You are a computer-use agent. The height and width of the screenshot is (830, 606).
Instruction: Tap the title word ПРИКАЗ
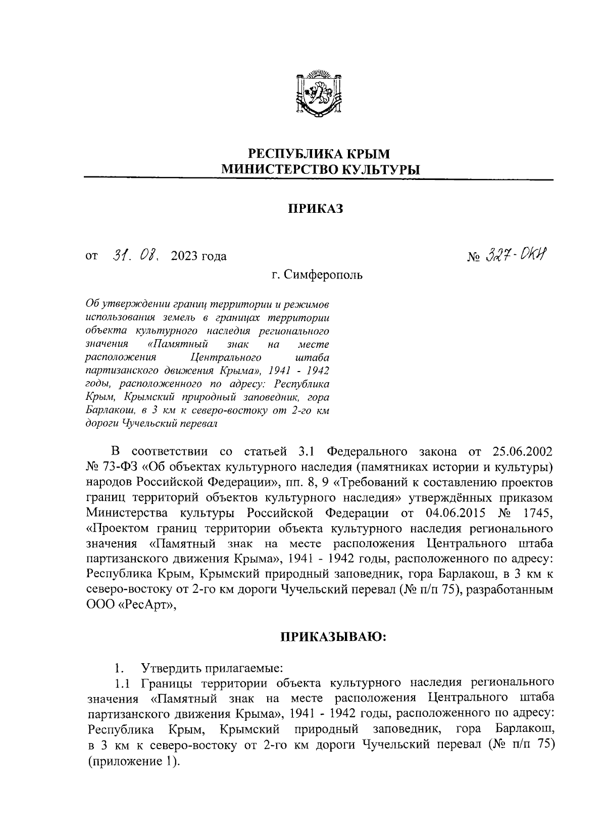pyautogui.click(x=316, y=209)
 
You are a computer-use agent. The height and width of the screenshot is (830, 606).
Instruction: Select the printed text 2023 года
pyautogui.click(x=199, y=256)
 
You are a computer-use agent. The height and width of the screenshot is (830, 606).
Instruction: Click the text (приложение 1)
pyautogui.click(x=133, y=762)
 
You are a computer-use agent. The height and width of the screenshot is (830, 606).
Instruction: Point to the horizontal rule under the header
pyautogui.click(x=319, y=179)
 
